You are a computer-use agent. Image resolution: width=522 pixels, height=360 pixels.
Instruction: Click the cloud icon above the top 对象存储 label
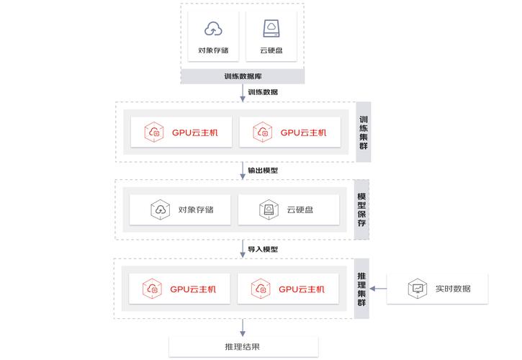213,29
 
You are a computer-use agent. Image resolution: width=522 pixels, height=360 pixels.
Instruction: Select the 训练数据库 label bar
242,77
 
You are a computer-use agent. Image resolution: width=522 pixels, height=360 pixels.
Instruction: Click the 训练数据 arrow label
263,92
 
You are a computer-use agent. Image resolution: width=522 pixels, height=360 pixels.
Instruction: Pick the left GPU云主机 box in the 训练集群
181,132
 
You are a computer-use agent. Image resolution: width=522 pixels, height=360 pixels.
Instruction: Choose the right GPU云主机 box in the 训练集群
289,132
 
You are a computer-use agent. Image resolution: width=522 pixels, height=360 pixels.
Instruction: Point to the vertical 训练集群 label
364,132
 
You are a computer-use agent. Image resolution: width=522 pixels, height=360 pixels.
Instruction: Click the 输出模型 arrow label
263,171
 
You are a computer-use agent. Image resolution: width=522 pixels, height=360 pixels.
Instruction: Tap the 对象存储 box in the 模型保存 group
181,210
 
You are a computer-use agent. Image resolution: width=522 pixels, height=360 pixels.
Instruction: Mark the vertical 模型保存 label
362,210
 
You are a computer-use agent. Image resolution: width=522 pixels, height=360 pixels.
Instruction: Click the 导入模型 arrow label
263,249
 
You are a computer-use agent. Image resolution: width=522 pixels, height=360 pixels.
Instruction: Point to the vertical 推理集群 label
362,289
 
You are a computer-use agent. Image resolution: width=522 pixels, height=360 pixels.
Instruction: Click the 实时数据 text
453,289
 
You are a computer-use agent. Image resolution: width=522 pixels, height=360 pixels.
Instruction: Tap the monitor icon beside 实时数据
417,289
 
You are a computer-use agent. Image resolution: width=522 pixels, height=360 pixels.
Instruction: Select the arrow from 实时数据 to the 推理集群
379,289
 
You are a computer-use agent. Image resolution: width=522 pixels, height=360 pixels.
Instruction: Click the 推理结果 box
243,347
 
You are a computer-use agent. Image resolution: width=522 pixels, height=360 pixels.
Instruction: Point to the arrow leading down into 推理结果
243,328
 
